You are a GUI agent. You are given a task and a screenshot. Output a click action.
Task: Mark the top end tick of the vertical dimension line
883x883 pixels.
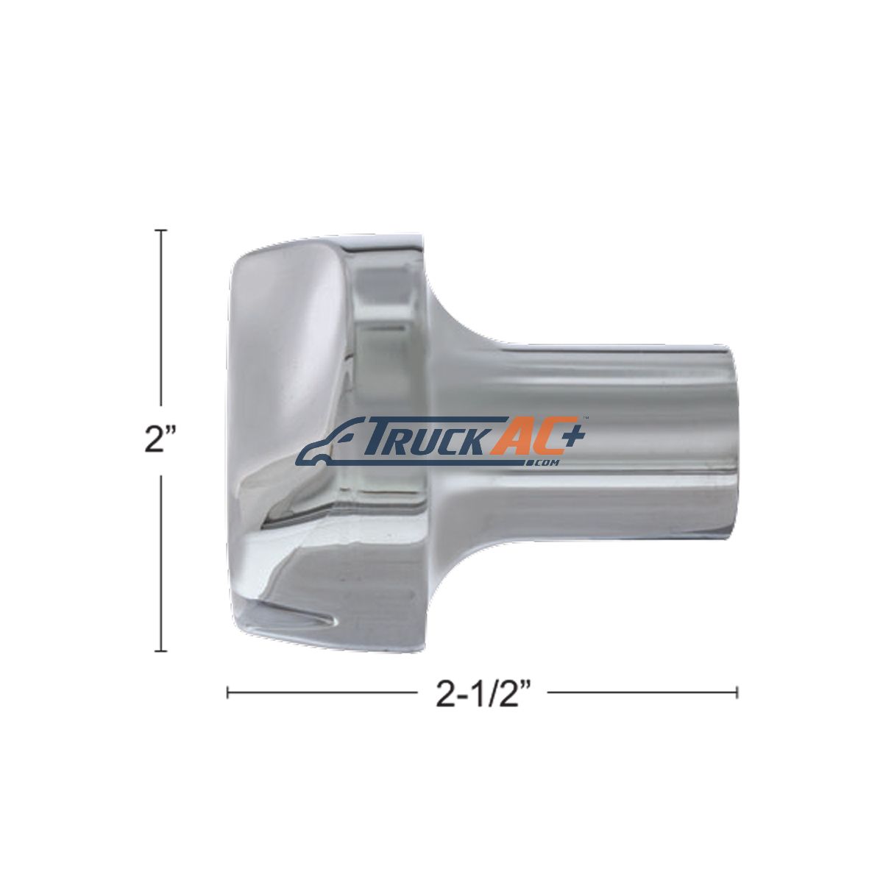pyautogui.click(x=160, y=230)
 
